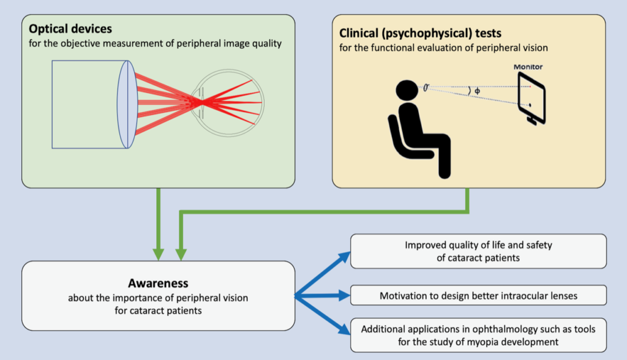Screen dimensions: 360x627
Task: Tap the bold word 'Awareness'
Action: point(158,283)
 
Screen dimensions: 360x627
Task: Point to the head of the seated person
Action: point(407,92)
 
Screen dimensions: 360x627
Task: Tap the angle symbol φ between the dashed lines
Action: point(477,92)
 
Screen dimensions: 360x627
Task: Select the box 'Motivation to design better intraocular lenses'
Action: point(478,296)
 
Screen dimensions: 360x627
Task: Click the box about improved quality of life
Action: point(478,251)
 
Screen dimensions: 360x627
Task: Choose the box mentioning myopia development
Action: point(478,335)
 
